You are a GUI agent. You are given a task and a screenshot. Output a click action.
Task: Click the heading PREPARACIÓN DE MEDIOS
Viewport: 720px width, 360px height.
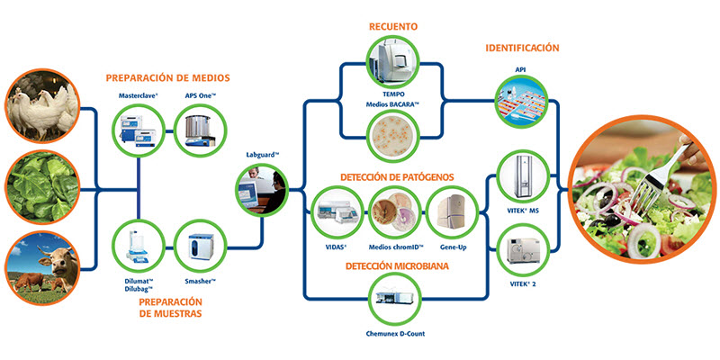tap(167, 77)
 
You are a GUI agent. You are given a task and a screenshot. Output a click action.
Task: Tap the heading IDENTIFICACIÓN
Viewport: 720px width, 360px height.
tap(522, 47)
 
